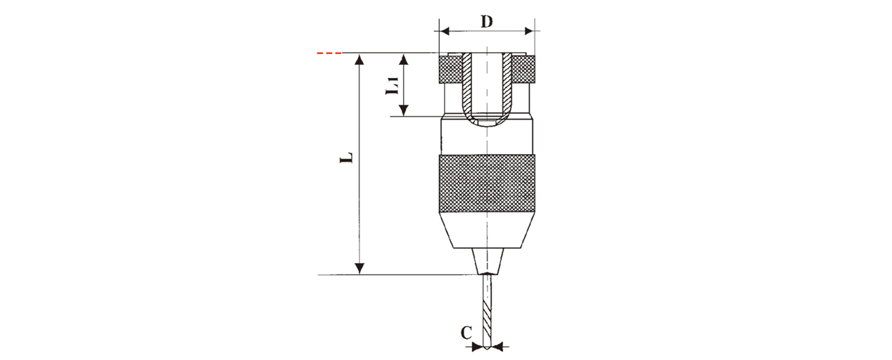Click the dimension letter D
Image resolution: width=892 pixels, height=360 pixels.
pyautogui.click(x=487, y=22)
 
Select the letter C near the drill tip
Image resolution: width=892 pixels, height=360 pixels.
pyautogui.click(x=466, y=333)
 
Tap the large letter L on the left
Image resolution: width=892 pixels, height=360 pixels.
pyautogui.click(x=346, y=157)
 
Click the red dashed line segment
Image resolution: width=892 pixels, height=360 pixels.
pyautogui.click(x=329, y=53)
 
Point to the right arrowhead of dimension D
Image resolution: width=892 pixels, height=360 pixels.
pyautogui.click(x=529, y=31)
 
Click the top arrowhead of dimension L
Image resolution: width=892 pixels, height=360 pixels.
pyautogui.click(x=359, y=59)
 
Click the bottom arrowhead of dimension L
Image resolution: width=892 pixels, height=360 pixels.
pyautogui.click(x=359, y=269)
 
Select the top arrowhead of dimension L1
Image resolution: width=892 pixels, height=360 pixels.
pyautogui.click(x=404, y=59)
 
